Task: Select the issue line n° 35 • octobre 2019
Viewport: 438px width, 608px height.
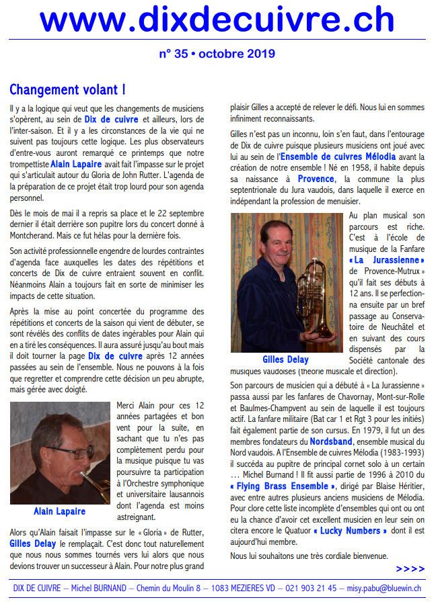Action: click(x=217, y=54)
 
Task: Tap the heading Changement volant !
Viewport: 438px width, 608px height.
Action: click(x=67, y=89)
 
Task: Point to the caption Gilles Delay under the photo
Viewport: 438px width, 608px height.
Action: click(x=285, y=359)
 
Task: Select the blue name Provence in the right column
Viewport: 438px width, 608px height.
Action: click(x=315, y=179)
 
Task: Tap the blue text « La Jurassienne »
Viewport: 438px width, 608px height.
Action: click(x=386, y=260)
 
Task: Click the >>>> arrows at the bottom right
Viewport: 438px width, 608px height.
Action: click(x=410, y=568)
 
